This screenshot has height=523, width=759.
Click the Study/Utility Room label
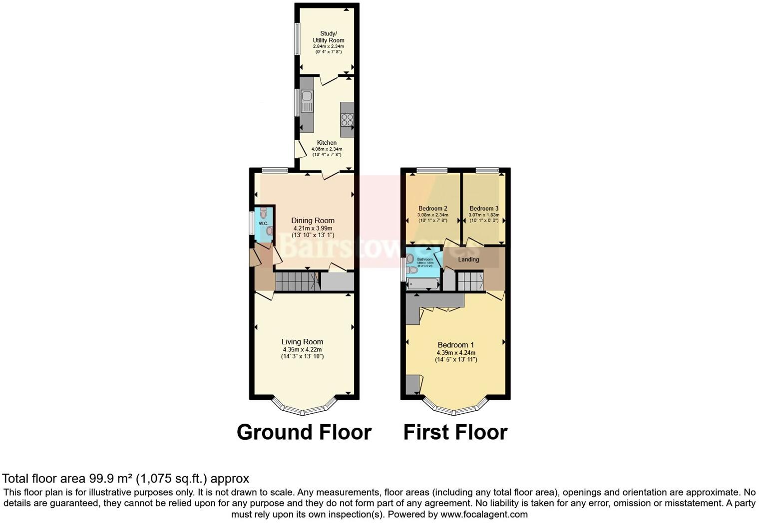coord(328,37)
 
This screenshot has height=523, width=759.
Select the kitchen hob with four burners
coord(347,120)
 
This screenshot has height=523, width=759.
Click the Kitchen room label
coord(327,143)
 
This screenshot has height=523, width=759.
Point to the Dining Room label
coord(313,221)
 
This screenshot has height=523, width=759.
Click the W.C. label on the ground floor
coord(263,223)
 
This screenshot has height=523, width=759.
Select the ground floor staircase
coord(297,282)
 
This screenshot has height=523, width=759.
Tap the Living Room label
coord(302,342)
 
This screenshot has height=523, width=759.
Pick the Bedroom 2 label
coord(432,209)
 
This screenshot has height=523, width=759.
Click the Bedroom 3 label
coord(484,209)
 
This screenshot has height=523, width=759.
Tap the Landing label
coord(468,260)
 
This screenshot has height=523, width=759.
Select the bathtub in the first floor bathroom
coord(422,284)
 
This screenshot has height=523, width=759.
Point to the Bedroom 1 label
coord(455,345)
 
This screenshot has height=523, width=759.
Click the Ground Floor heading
coord(304,432)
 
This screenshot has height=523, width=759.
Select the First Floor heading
coord(455,432)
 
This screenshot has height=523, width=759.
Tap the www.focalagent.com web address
coord(483,514)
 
